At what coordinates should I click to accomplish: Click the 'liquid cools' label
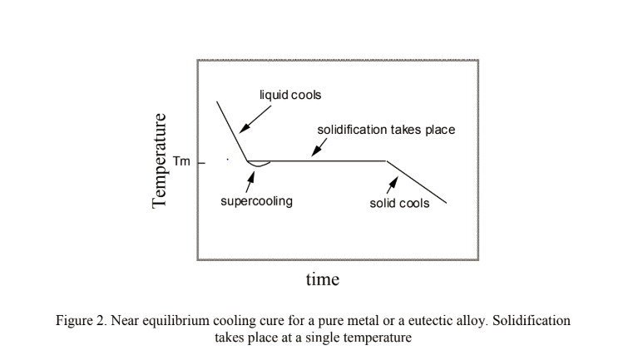[x=291, y=95]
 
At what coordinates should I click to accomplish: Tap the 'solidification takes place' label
[x=386, y=131]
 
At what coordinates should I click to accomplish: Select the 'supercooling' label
[x=256, y=201]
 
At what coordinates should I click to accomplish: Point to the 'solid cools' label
[x=399, y=203]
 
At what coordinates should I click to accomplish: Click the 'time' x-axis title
[x=322, y=279]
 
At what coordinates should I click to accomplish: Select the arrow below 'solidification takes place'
[x=319, y=147]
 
